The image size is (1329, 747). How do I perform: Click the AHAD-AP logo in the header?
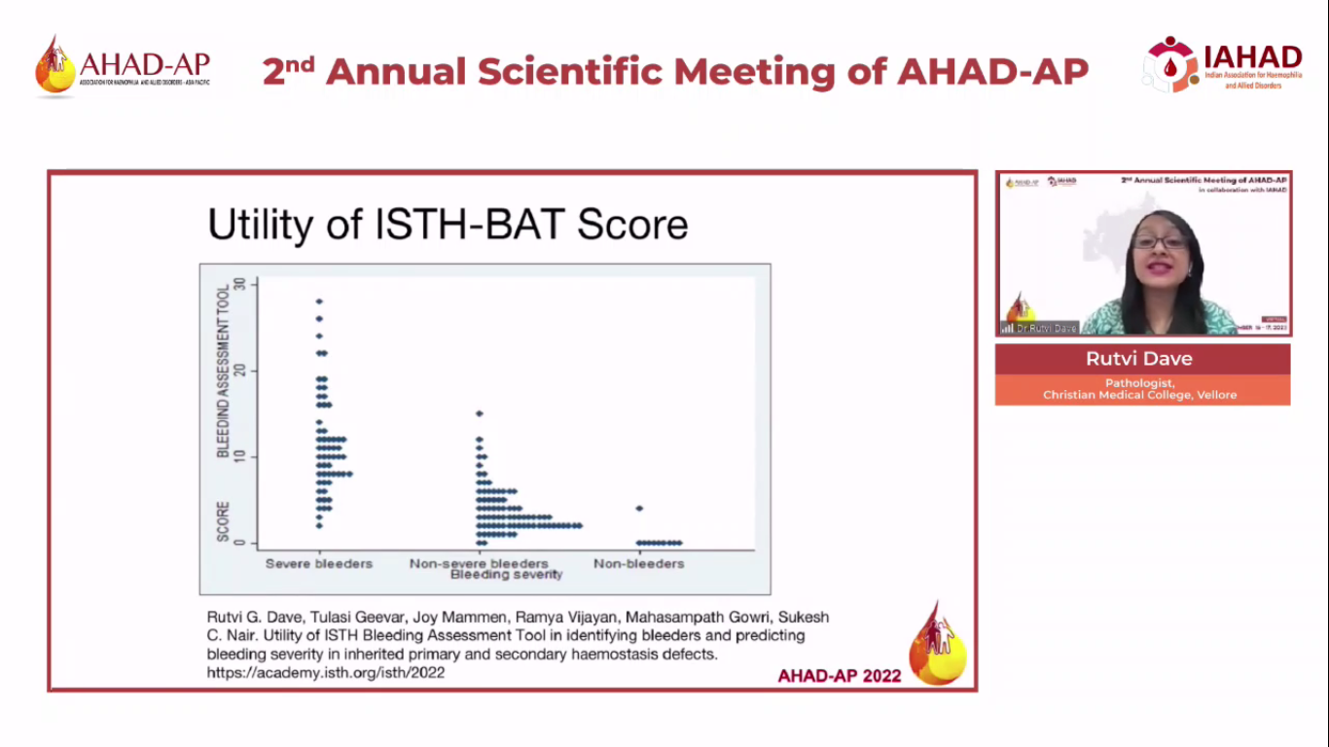[123, 66]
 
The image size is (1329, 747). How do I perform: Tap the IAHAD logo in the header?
[1223, 64]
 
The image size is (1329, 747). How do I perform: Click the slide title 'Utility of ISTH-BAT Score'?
[448, 225]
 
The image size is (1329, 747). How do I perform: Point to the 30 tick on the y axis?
[253, 284]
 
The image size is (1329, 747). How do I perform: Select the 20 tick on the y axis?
[253, 371]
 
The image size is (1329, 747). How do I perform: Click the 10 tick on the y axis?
[253, 456]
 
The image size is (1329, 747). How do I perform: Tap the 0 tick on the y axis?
[253, 543]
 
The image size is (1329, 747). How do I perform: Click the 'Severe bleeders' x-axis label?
[319, 563]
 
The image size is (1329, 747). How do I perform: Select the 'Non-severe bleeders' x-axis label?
[479, 563]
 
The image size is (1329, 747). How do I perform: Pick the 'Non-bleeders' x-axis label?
[638, 563]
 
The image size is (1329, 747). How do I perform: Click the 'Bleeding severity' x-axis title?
[506, 575]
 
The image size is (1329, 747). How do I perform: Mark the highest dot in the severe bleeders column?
[319, 302]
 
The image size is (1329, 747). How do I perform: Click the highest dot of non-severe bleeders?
[479, 413]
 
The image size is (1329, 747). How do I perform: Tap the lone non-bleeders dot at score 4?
[639, 509]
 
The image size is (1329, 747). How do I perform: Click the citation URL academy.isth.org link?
[326, 672]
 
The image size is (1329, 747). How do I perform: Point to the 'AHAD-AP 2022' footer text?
[839, 676]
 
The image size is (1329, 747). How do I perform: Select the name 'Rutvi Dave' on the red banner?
[1142, 359]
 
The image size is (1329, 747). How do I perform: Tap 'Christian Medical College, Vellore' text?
[1140, 395]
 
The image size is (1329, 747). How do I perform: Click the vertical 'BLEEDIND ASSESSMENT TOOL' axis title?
[223, 370]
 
